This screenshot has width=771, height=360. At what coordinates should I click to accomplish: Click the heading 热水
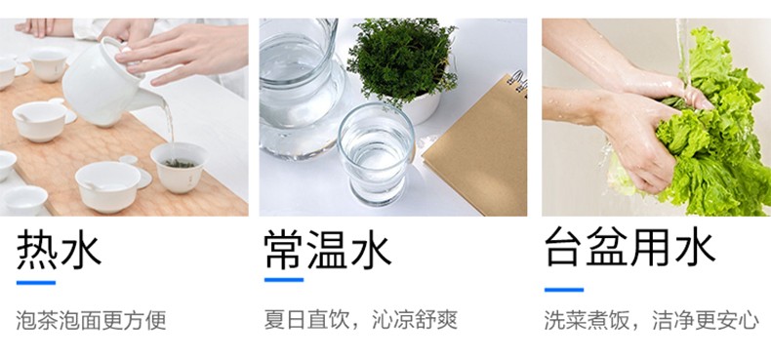coord(59,252)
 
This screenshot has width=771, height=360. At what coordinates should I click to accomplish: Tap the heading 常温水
coord(328,251)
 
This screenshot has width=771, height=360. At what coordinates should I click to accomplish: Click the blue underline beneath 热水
coord(36,282)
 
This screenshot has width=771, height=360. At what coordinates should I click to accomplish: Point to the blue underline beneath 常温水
coord(284,280)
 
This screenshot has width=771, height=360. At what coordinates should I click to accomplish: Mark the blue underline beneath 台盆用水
coord(564,290)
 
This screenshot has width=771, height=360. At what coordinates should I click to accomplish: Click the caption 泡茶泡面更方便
coord(91,320)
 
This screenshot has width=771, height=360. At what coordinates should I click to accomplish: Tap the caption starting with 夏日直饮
coord(361,320)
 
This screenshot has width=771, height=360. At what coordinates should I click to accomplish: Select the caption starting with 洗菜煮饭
coord(652,320)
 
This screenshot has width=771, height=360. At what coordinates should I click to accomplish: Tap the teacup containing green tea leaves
coord(179,167)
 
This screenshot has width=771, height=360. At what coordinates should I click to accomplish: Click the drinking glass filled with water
coord(376,153)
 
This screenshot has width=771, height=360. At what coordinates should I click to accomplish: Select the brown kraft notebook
coord(474,147)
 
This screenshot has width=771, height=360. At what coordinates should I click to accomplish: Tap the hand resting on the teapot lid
coord(182,54)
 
